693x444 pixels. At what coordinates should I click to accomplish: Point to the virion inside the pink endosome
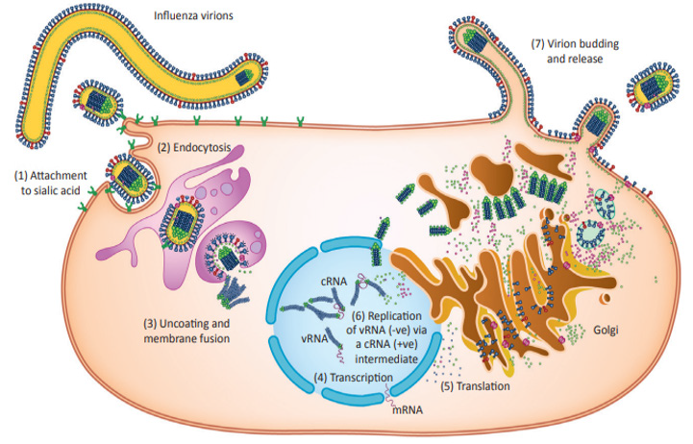(182, 231)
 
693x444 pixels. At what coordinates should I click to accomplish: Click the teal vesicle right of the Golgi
(606, 203)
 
